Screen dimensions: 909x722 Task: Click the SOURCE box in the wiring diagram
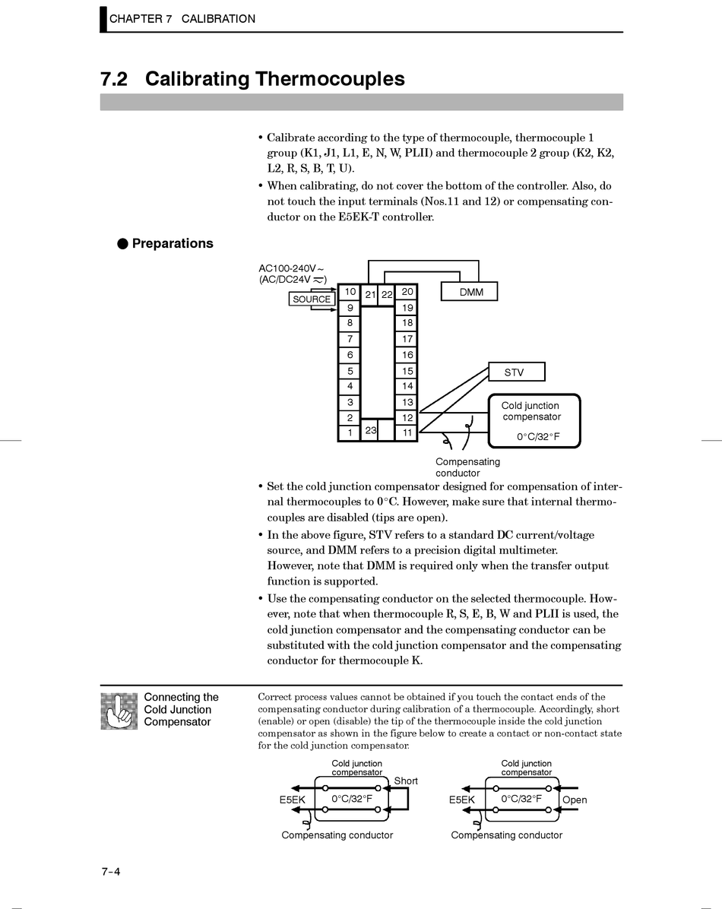pyautogui.click(x=312, y=299)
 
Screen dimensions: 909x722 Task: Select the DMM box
pyautogui.click(x=470, y=292)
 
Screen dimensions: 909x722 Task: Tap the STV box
pyautogui.click(x=515, y=372)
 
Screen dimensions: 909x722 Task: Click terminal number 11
pyautogui.click(x=407, y=432)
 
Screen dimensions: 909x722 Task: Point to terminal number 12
pyautogui.click(x=407, y=417)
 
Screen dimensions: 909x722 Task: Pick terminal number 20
pyautogui.click(x=407, y=292)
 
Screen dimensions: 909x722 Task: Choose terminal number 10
pyautogui.click(x=350, y=292)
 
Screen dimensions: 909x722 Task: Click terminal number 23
pyautogui.click(x=371, y=430)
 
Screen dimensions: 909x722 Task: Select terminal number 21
pyautogui.click(x=370, y=294)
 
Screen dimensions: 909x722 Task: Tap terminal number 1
pyautogui.click(x=350, y=432)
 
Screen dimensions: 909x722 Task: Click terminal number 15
pyautogui.click(x=407, y=371)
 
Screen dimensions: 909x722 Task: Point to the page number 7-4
pyautogui.click(x=111, y=872)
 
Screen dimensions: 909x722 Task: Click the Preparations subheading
pyautogui.click(x=172, y=243)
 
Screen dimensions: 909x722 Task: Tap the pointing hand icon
pyautogui.click(x=119, y=711)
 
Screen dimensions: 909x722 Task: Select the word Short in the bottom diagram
pyautogui.click(x=406, y=781)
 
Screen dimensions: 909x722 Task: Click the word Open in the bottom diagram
pyautogui.click(x=575, y=800)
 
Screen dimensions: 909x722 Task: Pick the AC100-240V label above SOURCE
pyautogui.click(x=291, y=268)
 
